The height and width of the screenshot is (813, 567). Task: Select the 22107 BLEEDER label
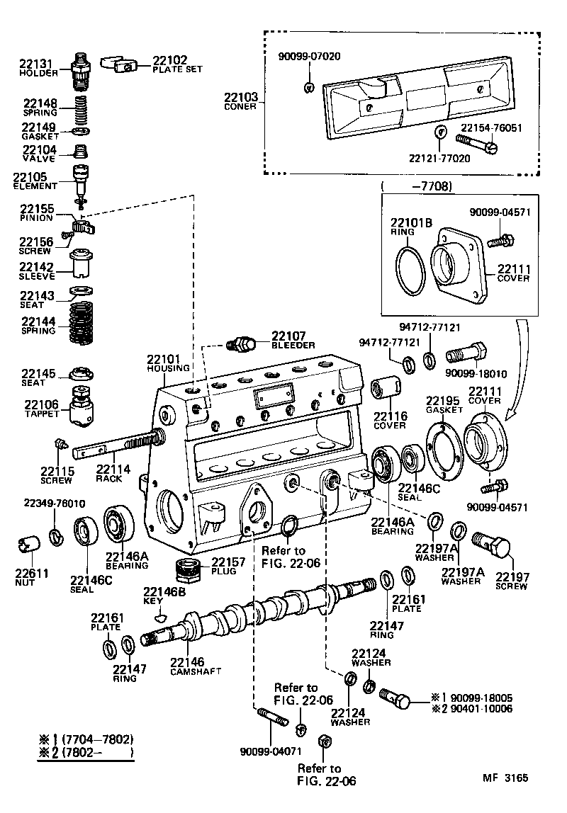pyautogui.click(x=293, y=340)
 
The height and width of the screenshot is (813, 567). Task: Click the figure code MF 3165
pyautogui.click(x=505, y=777)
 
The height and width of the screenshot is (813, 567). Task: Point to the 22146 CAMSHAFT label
pyautogui.click(x=195, y=666)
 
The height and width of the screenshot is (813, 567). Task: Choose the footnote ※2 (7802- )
pyautogui.click(x=86, y=752)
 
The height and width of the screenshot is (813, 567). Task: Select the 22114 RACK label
pyautogui.click(x=113, y=473)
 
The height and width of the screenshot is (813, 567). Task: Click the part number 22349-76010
pyautogui.click(x=54, y=503)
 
